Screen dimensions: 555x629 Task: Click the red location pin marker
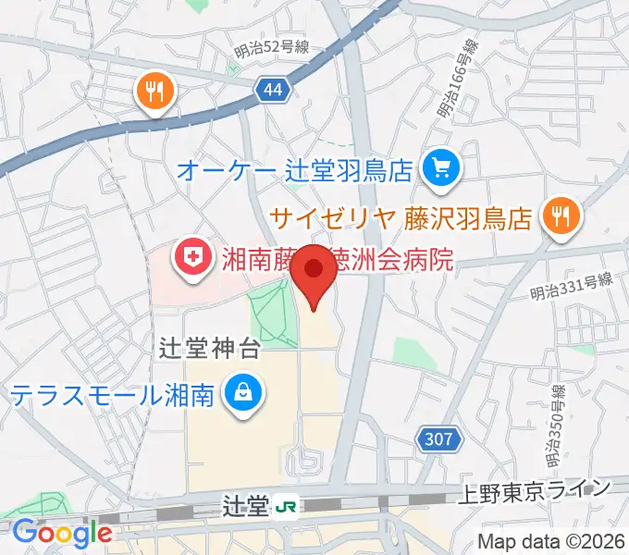tap(314, 269)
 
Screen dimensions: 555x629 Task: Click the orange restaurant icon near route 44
tap(154, 91)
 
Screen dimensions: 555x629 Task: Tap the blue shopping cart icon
tap(439, 168)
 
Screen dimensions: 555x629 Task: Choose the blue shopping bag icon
tap(241, 395)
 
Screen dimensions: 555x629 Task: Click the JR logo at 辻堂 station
tap(287, 506)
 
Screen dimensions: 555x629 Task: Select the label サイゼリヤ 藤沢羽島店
tap(401, 218)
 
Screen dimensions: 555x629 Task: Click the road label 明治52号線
tap(271, 48)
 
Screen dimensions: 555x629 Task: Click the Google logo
tap(62, 533)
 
